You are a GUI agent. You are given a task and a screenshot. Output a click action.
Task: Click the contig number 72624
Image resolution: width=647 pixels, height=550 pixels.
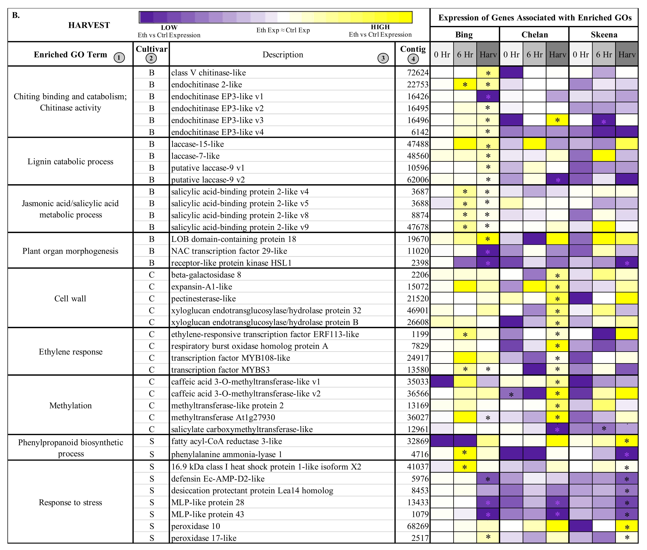(418, 73)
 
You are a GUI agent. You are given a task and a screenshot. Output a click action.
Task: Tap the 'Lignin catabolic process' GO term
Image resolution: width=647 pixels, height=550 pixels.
(70, 161)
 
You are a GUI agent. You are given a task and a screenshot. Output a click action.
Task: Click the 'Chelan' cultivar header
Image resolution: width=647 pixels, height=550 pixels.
(534, 35)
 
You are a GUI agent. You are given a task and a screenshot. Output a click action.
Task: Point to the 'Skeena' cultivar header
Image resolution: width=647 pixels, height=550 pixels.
(604, 35)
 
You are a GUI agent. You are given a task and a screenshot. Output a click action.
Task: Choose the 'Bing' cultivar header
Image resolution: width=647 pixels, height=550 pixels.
(464, 35)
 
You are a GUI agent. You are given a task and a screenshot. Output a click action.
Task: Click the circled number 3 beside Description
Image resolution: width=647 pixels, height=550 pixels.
(383, 58)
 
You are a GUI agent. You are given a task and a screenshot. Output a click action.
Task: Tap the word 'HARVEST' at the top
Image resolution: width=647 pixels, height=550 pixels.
(89, 25)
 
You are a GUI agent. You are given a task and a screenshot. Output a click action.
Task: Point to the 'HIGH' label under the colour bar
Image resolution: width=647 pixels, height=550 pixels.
(380, 27)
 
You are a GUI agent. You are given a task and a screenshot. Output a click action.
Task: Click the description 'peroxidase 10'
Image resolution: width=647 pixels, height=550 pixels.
(196, 526)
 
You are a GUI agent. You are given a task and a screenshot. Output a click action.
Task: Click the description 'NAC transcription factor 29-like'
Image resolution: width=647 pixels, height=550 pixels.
(229, 251)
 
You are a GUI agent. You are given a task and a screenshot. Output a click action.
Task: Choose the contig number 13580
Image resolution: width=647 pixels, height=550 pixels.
(418, 370)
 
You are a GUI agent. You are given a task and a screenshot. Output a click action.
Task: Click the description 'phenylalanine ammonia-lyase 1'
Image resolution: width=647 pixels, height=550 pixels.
(226, 454)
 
